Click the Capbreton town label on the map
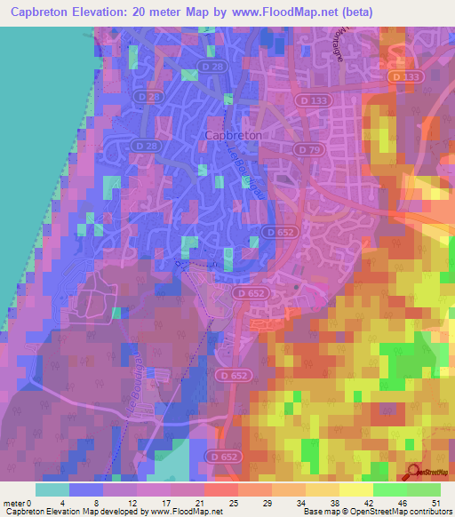click(234, 134)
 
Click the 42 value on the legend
click(373, 503)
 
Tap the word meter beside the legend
click(15, 503)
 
